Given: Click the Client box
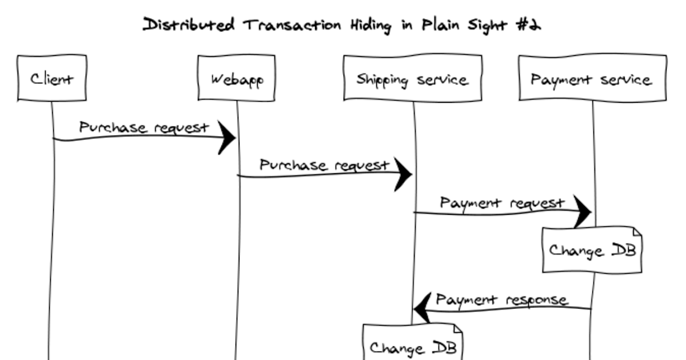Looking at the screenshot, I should click(52, 78).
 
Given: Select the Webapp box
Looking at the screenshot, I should click(237, 78).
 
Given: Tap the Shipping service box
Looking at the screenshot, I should click(412, 78).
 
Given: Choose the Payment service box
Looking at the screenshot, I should click(592, 78).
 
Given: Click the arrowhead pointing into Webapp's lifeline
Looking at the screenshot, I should click(228, 138).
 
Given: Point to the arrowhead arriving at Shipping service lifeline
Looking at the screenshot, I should click(404, 174).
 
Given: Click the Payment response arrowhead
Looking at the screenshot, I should click(423, 309).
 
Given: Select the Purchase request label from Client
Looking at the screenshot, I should click(143, 127).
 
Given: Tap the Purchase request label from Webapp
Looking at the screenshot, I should click(324, 165).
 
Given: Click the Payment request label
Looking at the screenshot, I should click(502, 203).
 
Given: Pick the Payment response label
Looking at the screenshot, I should click(502, 299).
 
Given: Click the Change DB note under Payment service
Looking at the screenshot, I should click(592, 250).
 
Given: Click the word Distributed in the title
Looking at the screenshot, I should click(189, 25).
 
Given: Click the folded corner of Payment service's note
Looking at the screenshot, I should click(635, 231).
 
